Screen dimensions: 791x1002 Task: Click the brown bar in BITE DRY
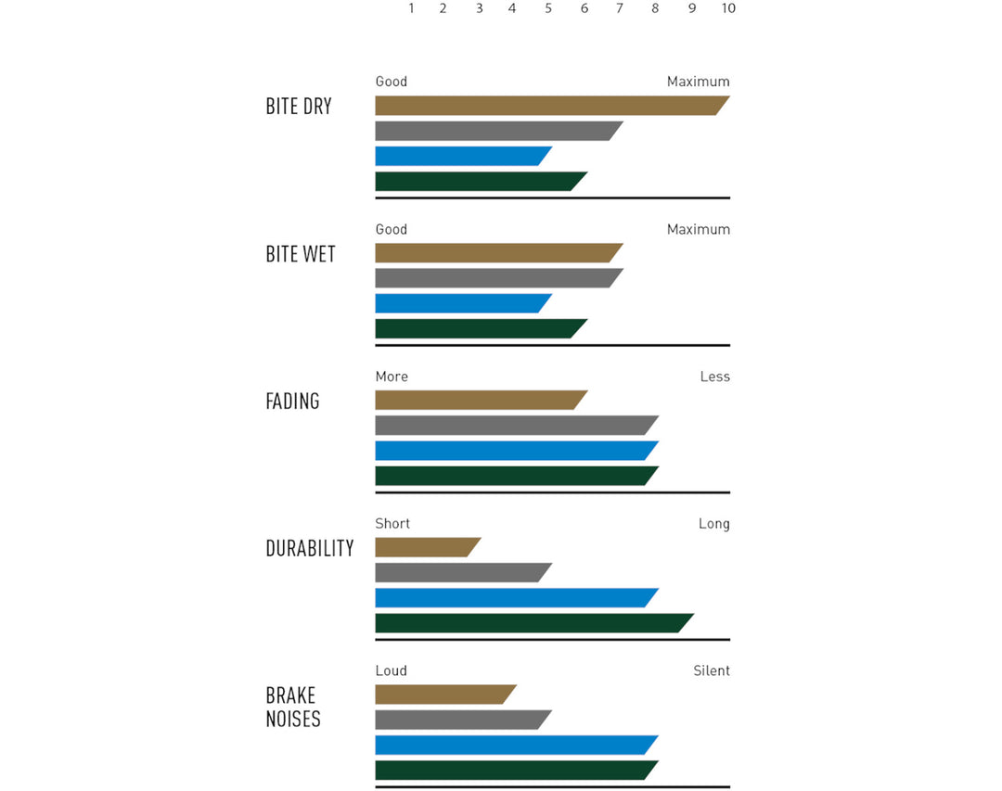coord(547,106)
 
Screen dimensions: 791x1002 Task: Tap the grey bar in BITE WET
coord(496,278)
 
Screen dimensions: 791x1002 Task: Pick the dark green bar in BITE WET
coord(479,328)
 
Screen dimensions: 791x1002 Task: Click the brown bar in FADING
coord(479,400)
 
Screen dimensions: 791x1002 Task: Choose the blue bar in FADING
coord(514,451)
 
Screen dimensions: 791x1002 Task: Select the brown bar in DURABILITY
coord(425,547)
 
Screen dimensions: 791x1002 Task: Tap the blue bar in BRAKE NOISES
coord(514,745)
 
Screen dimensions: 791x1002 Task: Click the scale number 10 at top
coord(728,8)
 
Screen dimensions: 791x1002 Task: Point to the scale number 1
coord(411,8)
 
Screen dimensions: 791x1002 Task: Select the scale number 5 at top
coord(548,8)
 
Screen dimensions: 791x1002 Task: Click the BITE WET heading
coord(301,254)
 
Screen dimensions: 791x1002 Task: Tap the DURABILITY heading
coord(310,548)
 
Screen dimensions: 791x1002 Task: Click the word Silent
coord(712,670)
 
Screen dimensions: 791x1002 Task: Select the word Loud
coord(391,670)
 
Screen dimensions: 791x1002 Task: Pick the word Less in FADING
coord(714,376)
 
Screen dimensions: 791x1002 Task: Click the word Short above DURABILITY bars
coord(392,524)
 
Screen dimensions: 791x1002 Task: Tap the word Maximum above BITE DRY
coord(698,82)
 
